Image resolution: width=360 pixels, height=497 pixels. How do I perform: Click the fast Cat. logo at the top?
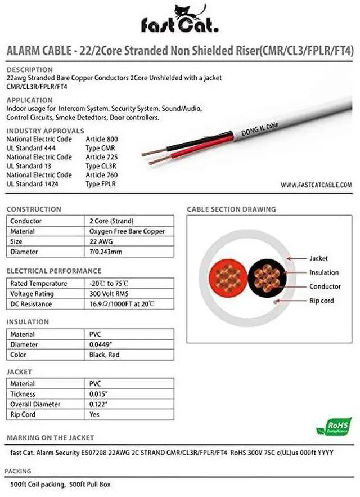click(x=180, y=20)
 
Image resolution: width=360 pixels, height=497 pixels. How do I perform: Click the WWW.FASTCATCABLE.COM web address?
click(x=316, y=185)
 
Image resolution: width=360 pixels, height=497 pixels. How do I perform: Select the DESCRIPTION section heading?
click(x=29, y=70)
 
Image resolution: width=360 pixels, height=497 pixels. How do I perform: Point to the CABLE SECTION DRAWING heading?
click(x=231, y=209)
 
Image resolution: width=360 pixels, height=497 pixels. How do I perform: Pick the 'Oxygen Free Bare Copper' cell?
click(x=127, y=231)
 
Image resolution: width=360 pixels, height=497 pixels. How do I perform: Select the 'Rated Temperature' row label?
click(x=39, y=284)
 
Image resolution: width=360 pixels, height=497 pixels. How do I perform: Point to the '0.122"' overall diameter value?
click(x=98, y=405)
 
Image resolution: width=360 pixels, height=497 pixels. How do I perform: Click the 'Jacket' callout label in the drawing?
click(x=318, y=258)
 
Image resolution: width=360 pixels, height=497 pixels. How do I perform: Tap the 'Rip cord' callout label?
click(x=321, y=301)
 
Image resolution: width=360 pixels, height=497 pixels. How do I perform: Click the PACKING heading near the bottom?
click(x=19, y=471)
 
